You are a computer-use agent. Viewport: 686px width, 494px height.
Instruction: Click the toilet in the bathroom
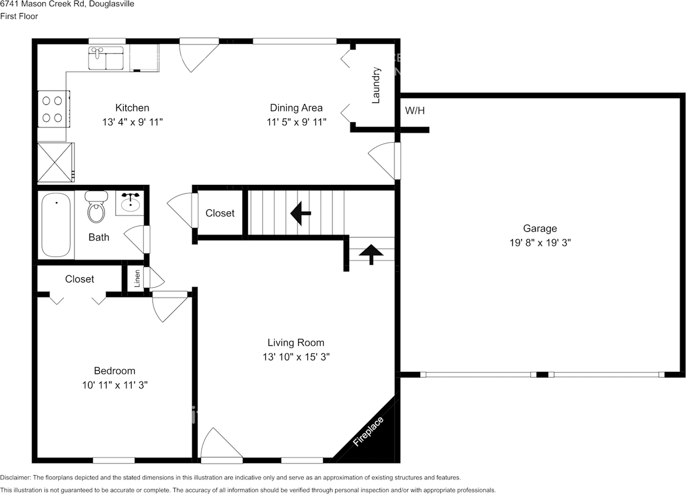pos(96,207)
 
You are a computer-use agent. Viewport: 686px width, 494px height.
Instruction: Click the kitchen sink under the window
pos(106,58)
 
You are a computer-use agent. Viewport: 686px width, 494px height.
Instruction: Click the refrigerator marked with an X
pos(55,162)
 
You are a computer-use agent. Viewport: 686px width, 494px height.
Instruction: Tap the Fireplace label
pos(368,431)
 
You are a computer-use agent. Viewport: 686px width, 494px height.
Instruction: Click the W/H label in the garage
pos(415,111)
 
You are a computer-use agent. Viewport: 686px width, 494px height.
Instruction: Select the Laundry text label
pos(376,85)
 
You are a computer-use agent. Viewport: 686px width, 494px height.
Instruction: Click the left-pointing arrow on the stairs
pos(301,213)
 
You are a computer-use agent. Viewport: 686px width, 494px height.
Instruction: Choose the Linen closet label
pos(137,278)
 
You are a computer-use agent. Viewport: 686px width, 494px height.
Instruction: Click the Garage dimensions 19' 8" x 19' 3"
pos(540,242)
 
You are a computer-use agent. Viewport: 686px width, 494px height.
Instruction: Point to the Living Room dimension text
pos(295,357)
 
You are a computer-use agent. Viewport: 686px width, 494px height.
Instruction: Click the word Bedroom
pos(114,371)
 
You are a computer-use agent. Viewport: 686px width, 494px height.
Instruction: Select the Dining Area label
pos(296,108)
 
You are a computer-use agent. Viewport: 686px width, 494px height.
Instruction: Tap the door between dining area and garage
pos(385,161)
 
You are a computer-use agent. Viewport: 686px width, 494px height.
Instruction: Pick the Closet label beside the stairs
pos(220,213)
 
